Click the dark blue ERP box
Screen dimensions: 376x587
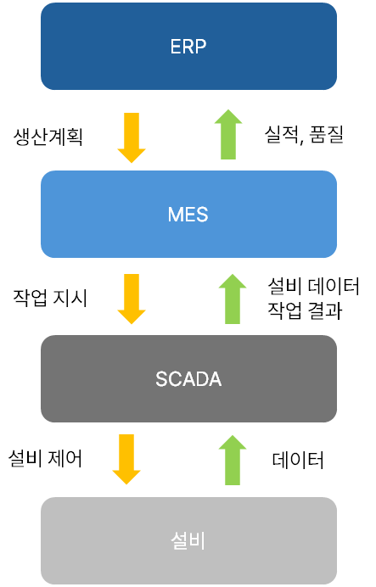point(188,46)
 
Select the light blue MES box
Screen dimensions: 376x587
point(188,214)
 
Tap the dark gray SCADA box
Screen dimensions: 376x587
point(188,378)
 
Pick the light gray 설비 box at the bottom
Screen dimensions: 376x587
point(188,540)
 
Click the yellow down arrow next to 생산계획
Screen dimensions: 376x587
point(132,137)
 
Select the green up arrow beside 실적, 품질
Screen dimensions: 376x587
point(228,134)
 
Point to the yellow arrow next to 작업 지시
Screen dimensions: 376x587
point(132,299)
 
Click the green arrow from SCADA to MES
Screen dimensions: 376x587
point(233,299)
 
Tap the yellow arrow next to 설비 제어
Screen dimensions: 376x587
point(126,460)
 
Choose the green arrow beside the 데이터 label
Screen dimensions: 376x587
point(233,460)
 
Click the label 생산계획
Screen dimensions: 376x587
point(48,137)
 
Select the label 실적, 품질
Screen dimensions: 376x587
point(304,134)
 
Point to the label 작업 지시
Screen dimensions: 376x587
point(50,298)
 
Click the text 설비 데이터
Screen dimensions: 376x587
point(313,287)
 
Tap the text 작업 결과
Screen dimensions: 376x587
point(305,310)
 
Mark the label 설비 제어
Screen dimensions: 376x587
point(45,458)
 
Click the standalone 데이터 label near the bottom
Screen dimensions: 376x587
point(298,460)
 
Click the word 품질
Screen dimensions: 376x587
point(327,134)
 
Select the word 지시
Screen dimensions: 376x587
point(70,298)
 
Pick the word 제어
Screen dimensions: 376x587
point(65,458)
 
